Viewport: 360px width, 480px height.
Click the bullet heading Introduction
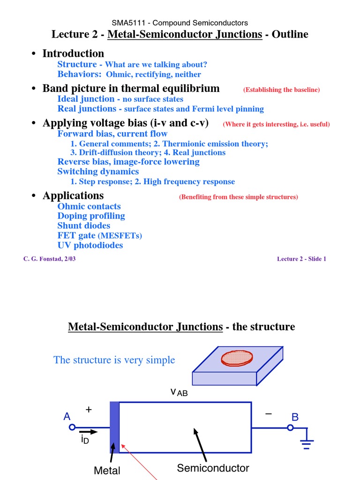pos(73,53)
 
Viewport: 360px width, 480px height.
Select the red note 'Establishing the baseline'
pos(281,90)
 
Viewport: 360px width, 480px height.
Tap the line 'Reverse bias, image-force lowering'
pos(128,162)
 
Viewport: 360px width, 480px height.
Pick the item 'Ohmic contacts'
pos(89,206)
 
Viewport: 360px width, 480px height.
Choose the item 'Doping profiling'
pos(91,216)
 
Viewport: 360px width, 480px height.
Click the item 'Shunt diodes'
pos(83,226)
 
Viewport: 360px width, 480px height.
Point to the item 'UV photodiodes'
pos(90,245)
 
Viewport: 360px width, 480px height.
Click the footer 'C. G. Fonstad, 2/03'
pos(49,259)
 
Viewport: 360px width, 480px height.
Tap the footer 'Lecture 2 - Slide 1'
pos(301,259)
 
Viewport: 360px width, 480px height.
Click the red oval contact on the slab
pos(237,358)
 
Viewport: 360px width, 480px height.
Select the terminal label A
pos(67,417)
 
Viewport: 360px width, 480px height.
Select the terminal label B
pos(295,417)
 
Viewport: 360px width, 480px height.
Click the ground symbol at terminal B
pos(307,443)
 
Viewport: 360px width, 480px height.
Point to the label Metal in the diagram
pos(107,471)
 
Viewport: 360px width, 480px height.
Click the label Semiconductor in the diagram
pos(213,468)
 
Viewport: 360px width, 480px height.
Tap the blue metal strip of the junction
pos(114,427)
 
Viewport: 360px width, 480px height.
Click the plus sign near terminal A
pos(89,410)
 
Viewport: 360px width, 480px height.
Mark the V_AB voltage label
pos(179,392)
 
